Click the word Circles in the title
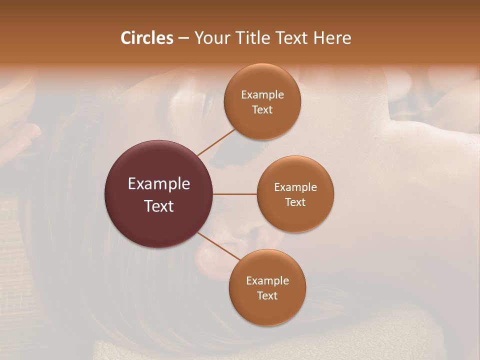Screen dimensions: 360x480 [x=146, y=38]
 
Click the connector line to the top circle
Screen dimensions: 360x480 [x=216, y=142]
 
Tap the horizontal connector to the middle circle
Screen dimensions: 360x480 [x=234, y=193]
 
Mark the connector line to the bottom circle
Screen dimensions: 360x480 [x=219, y=246]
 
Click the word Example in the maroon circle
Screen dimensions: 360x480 [x=159, y=184]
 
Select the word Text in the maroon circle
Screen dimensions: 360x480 [x=159, y=206]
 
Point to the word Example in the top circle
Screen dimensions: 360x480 [x=262, y=95]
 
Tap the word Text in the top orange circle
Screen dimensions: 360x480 [x=262, y=110]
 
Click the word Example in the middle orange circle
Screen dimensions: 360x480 [x=295, y=187]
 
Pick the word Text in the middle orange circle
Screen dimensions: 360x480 [x=295, y=202]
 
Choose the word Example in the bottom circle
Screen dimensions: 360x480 [x=267, y=281]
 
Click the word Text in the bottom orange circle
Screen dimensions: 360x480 [x=267, y=296]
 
